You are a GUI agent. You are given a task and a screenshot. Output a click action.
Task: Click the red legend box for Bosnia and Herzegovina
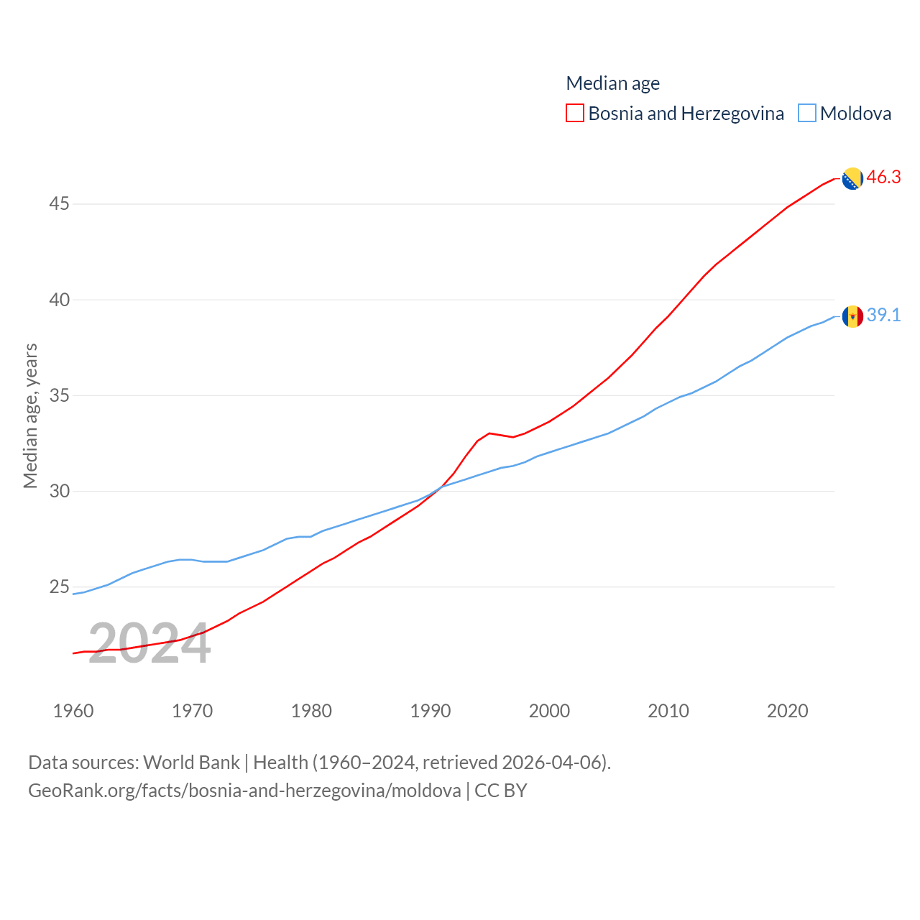[x=575, y=113]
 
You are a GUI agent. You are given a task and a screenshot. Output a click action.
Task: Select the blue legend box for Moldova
[x=807, y=113]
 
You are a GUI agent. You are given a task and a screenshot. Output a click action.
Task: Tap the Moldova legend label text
[x=855, y=114]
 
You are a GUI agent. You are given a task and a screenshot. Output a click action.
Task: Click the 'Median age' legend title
[x=612, y=83]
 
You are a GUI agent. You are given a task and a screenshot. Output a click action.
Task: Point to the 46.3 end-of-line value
[x=883, y=177]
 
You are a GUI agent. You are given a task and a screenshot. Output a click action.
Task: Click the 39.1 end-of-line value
[x=883, y=315]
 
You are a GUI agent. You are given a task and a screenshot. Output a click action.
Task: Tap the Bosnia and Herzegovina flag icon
[x=852, y=178]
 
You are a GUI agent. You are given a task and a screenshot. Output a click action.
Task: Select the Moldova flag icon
[x=852, y=316]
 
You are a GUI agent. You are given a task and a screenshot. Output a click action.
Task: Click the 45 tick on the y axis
[x=60, y=204]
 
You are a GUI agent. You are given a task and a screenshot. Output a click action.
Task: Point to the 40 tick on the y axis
[x=60, y=300]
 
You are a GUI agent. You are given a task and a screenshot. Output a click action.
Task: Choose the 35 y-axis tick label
[x=60, y=395]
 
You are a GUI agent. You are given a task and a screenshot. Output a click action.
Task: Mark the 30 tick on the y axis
[x=60, y=491]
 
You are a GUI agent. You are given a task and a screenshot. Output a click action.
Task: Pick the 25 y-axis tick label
[x=60, y=587]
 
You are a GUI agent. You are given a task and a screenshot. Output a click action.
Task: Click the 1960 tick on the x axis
[x=73, y=711]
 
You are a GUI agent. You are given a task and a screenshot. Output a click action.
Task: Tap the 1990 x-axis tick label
[x=431, y=711]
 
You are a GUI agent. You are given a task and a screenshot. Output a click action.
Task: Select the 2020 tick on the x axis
[x=788, y=711]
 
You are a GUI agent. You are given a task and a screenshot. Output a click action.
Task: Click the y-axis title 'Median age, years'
[x=30, y=415]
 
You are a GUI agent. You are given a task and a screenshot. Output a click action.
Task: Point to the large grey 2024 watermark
[x=149, y=644]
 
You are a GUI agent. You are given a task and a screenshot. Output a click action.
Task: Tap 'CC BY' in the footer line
[x=501, y=791]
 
